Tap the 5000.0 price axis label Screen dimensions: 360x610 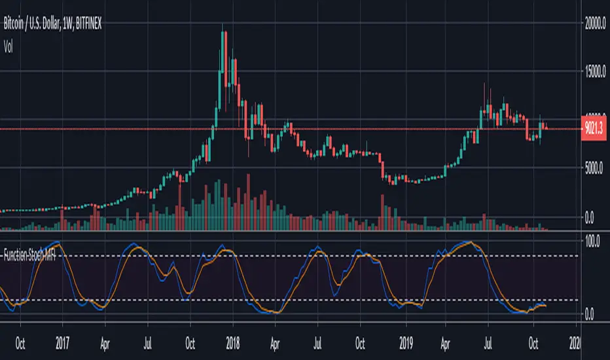pyautogui.click(x=594, y=168)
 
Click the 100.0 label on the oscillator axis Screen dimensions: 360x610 pyautogui.click(x=592, y=241)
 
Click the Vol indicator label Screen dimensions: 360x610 pyautogui.click(x=9, y=46)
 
